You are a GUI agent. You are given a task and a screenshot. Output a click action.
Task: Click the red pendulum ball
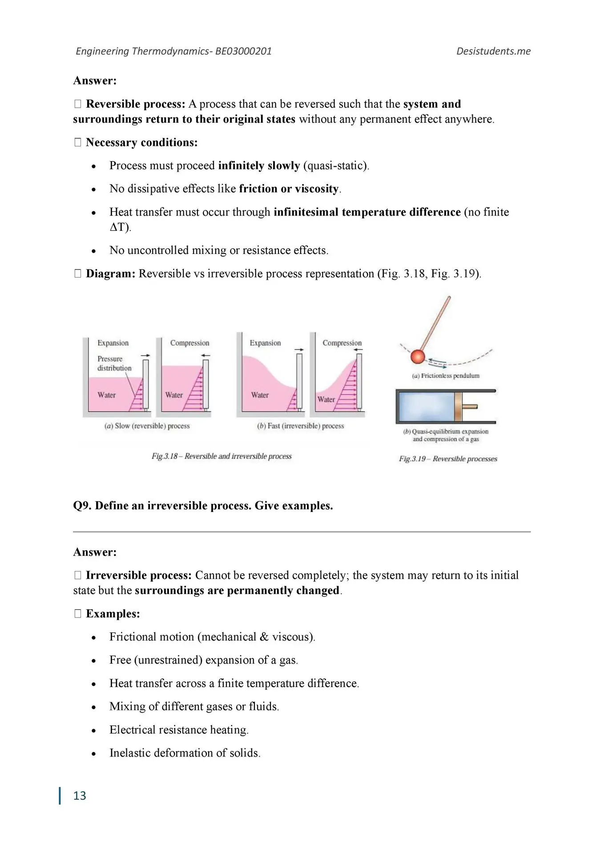(x=418, y=357)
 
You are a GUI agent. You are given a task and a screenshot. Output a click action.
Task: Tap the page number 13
(x=80, y=796)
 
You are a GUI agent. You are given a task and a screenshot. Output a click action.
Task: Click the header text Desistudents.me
(x=493, y=51)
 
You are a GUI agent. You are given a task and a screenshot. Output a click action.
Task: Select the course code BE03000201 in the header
(x=243, y=51)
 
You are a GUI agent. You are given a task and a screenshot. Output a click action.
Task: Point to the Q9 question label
(x=82, y=506)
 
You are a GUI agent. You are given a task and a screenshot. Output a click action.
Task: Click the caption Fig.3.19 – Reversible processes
(x=448, y=459)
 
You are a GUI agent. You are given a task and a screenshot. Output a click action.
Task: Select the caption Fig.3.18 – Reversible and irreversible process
(x=221, y=456)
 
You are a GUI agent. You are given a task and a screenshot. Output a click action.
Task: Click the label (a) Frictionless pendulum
(x=446, y=376)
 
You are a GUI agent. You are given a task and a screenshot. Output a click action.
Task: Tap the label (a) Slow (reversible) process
(x=147, y=426)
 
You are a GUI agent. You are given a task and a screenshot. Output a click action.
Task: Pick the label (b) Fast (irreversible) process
(x=301, y=426)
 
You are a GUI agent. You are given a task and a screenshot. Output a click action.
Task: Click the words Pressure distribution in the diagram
(x=114, y=363)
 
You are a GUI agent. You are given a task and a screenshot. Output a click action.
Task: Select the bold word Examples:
(x=113, y=614)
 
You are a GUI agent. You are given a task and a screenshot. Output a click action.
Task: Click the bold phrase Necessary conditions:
(x=141, y=142)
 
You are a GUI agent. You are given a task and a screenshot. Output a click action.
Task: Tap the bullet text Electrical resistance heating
(x=179, y=730)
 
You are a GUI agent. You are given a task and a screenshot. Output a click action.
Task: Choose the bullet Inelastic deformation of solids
(x=185, y=753)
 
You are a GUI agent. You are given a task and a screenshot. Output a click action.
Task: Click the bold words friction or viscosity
(x=289, y=189)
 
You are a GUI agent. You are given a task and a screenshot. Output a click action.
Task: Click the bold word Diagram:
(x=110, y=274)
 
